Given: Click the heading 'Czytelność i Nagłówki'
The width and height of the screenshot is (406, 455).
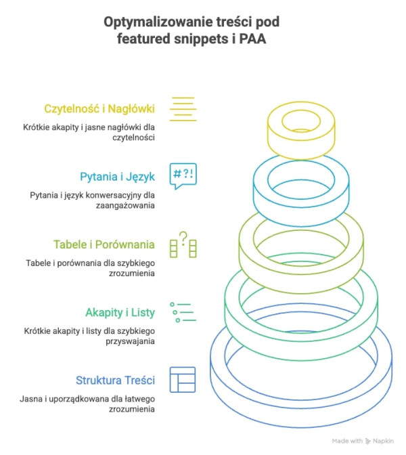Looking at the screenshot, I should pos(99,108).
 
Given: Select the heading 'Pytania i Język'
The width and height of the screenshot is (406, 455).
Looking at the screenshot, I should pos(117,177).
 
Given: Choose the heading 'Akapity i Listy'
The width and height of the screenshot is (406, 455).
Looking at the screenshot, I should pos(120,312).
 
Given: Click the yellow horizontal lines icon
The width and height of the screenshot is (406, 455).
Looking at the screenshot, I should pos(183,109).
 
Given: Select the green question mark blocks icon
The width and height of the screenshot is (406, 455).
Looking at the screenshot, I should pos(183,244).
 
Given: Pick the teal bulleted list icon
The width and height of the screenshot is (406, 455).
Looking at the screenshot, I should pos(183,311).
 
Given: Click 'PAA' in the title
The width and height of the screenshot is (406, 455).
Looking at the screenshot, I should pos(254,40).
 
